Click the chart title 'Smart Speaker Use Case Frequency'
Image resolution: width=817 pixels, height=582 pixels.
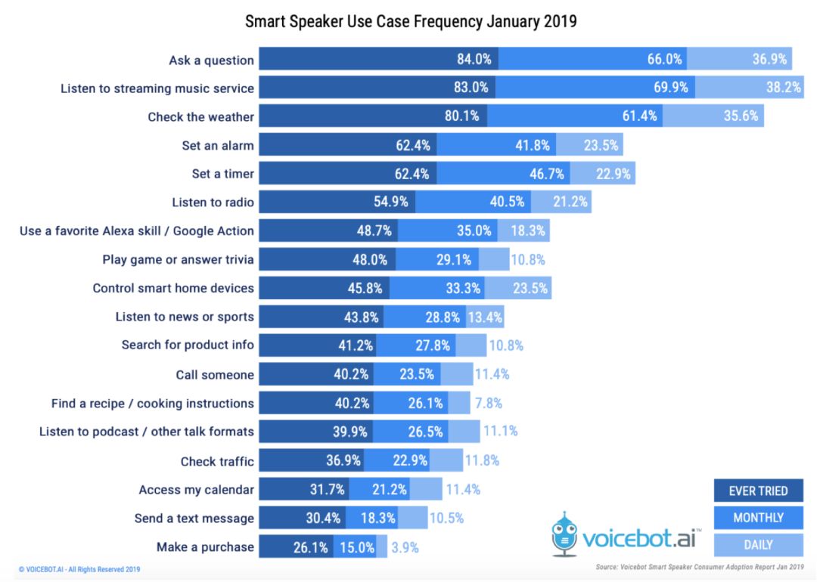click(411, 21)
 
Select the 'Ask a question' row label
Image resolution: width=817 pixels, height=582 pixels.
click(212, 60)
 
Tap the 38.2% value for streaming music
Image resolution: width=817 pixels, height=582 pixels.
click(783, 88)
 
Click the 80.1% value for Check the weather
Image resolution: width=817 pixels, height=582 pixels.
click(463, 116)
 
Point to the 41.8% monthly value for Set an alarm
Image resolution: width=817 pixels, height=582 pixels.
click(533, 145)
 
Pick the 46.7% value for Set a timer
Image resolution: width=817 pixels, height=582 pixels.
click(547, 174)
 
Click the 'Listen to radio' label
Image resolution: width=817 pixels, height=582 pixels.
click(213, 202)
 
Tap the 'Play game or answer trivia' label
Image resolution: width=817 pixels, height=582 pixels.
click(179, 259)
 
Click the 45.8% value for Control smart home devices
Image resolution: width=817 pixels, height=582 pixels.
click(365, 288)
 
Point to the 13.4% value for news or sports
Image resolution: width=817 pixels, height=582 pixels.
click(485, 317)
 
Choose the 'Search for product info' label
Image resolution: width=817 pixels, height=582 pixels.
click(188, 345)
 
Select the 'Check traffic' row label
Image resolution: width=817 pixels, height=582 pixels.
click(217, 461)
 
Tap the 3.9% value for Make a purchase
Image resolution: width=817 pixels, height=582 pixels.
click(403, 547)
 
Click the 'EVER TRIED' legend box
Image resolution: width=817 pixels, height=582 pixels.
click(758, 491)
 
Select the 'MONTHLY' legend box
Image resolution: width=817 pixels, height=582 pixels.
click(758, 518)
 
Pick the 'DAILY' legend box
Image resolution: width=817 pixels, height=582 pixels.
click(758, 544)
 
